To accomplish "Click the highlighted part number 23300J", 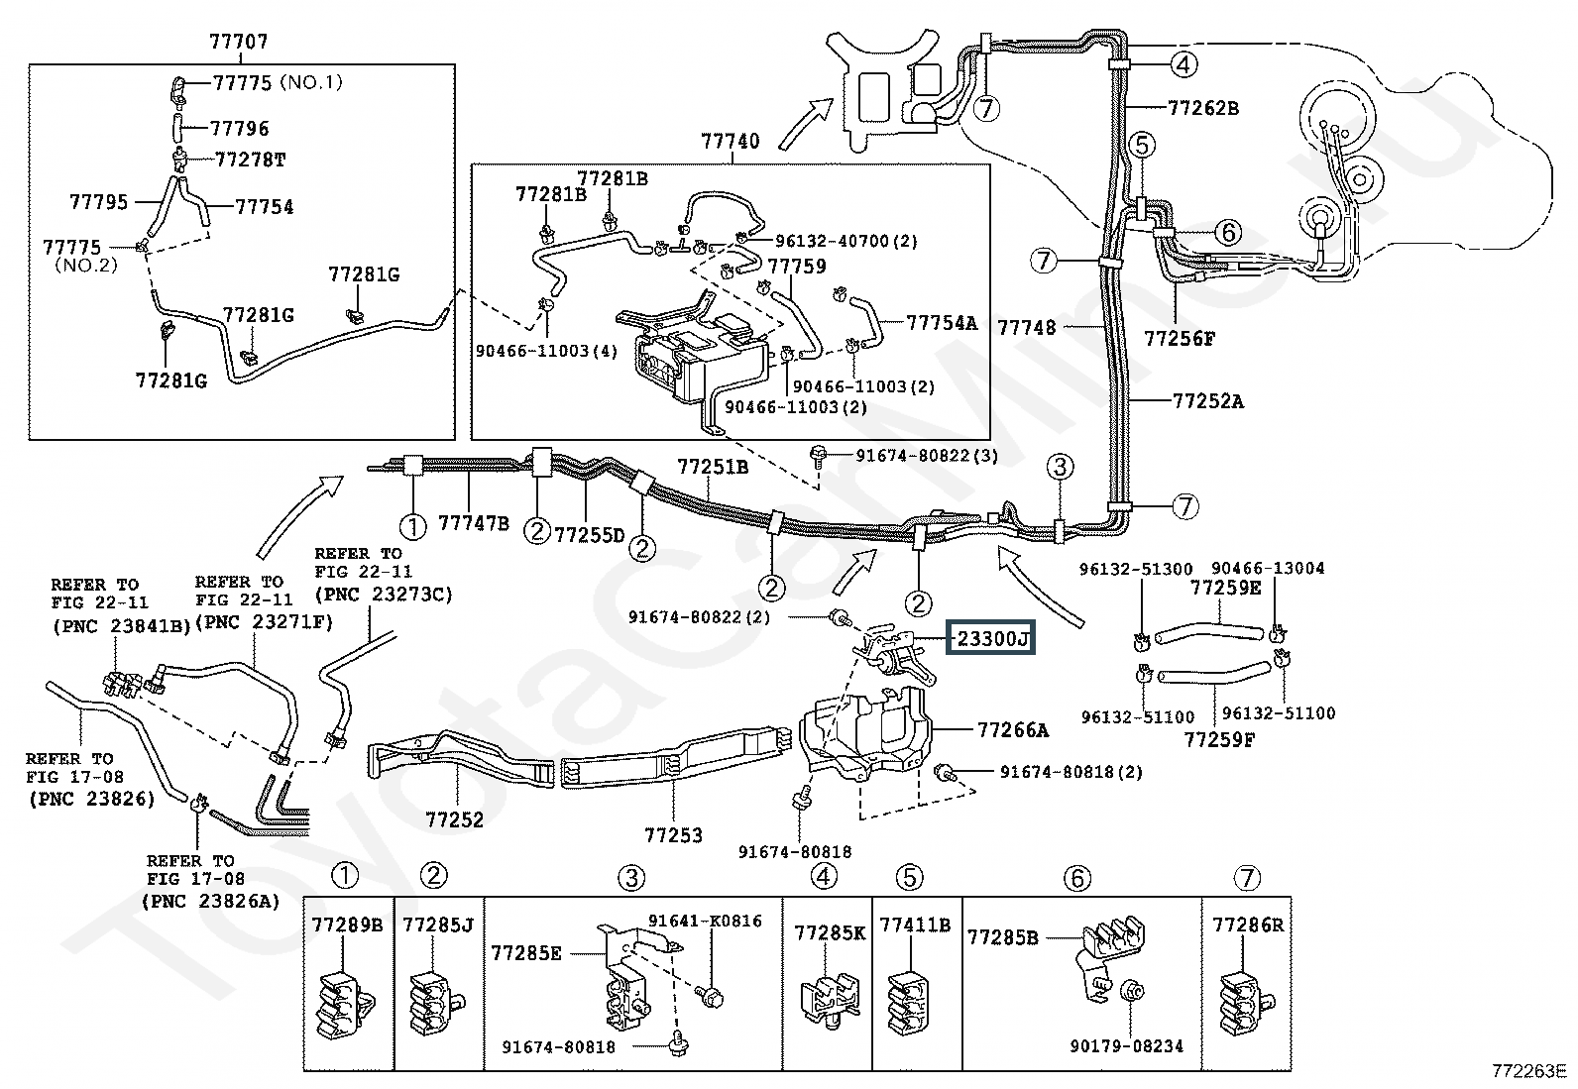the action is tap(992, 638).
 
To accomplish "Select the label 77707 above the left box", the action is tap(239, 42).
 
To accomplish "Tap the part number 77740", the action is tap(731, 141).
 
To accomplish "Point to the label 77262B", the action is tap(1203, 108).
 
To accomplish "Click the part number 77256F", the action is tap(1180, 338).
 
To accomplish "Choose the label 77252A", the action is tap(1208, 400).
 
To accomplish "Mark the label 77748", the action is tap(1027, 327).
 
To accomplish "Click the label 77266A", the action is tap(1012, 729).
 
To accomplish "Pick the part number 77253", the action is tap(673, 834).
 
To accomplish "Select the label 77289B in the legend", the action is tap(347, 925).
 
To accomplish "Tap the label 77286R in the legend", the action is tap(1248, 925).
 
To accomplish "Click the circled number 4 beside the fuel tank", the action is tap(1184, 64).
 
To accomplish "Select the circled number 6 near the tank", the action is tap(1228, 231).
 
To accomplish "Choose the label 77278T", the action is tap(250, 160).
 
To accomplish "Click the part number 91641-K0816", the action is tap(705, 921).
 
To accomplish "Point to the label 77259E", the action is tap(1226, 588).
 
